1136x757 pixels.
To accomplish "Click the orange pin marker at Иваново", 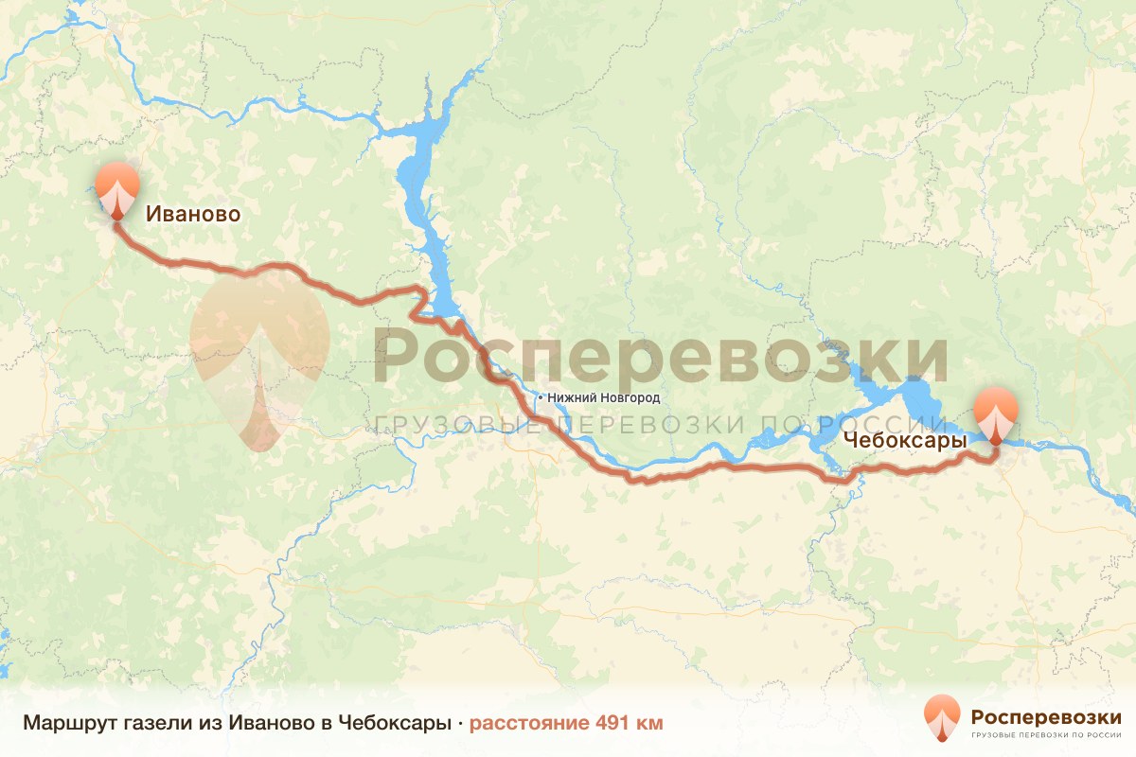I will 117,187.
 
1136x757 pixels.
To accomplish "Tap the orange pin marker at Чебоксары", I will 996,413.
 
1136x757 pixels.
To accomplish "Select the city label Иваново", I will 193,215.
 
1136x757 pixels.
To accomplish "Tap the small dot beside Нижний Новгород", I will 540,398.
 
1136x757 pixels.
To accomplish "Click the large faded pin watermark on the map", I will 259,350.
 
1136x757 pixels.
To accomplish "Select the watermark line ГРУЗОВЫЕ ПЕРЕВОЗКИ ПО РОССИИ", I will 660,425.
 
